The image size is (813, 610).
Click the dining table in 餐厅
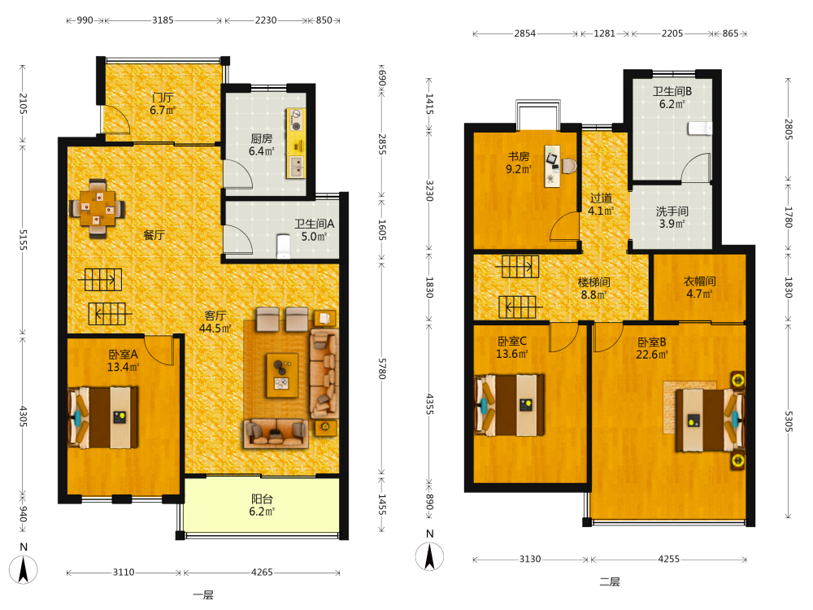coord(97,208)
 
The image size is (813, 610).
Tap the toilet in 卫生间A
coord(283,246)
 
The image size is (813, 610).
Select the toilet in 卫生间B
coord(700,129)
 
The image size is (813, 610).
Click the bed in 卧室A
coord(103,417)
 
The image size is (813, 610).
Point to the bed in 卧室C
coord(510,404)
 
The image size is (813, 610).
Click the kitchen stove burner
coord(297,120)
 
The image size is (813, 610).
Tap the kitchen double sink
coord(297,167)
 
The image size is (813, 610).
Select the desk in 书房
coord(552,166)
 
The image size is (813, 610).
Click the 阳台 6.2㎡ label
coord(262,505)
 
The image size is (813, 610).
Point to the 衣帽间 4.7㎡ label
coord(699,287)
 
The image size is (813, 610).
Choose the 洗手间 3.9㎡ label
coord(672,217)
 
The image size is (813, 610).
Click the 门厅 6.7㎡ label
coord(163,104)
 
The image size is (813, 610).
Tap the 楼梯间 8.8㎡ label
coord(593,289)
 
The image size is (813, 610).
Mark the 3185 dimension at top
coord(163,20)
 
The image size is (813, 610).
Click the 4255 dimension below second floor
coord(668,560)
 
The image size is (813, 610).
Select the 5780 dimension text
coord(382,368)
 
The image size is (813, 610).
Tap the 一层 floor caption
coord(203,595)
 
